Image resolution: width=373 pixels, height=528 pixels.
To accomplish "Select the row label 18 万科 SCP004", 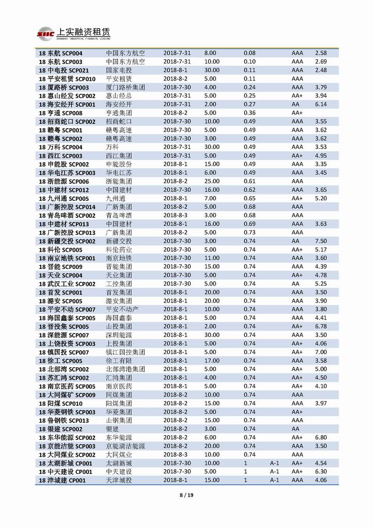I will [61, 147].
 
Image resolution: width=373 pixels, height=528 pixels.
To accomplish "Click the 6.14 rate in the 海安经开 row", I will [321, 104].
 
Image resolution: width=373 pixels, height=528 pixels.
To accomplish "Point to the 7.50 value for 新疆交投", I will [321, 241].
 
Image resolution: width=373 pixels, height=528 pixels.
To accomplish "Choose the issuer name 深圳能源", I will [119, 335].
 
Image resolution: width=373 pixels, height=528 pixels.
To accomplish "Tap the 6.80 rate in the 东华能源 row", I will [321, 438].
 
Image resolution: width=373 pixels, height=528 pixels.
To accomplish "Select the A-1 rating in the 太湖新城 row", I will [274, 463].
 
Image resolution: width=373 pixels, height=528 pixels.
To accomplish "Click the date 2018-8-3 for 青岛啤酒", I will [176, 215].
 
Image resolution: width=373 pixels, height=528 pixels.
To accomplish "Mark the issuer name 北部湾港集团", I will [125, 369].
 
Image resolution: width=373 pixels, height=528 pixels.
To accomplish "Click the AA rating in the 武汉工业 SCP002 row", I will [296, 284].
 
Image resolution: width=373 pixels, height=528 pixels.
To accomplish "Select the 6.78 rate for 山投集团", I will [321, 326].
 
